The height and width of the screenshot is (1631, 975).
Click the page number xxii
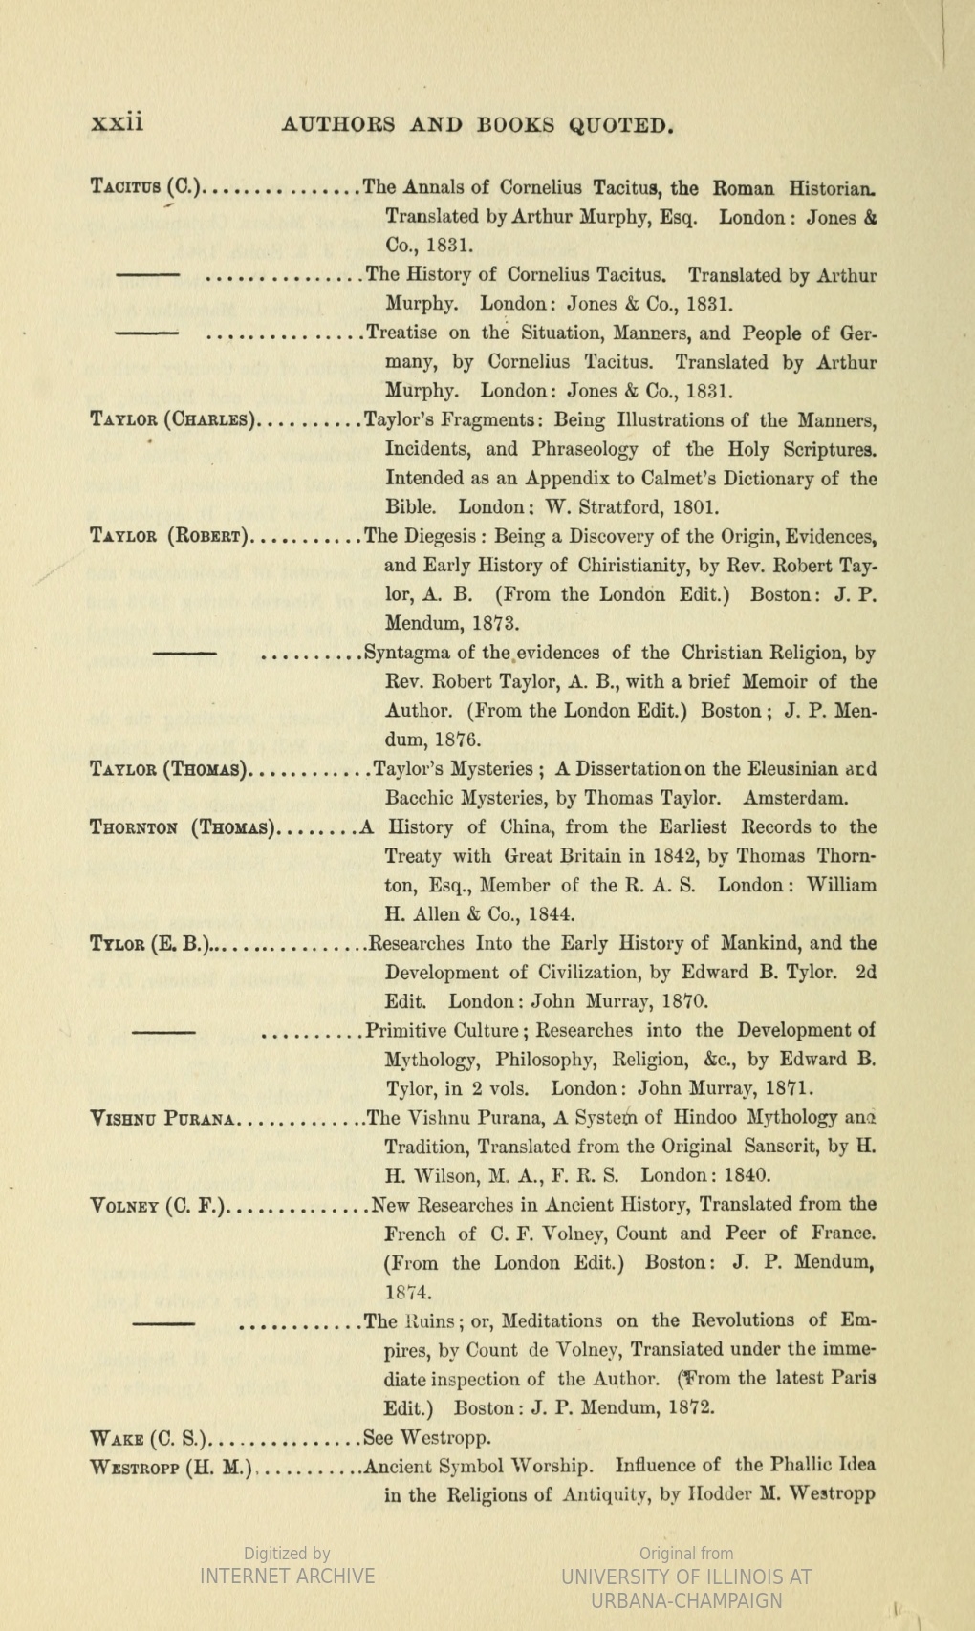click(x=116, y=123)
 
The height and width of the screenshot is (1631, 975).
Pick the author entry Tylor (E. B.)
click(x=149, y=944)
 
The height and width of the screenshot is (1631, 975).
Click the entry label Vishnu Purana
click(x=162, y=1118)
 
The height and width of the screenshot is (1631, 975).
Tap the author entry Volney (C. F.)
click(x=158, y=1205)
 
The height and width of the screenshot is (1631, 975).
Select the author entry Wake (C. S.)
click(x=147, y=1437)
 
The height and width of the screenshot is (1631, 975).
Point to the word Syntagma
click(x=408, y=654)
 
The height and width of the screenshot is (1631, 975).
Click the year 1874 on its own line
click(x=405, y=1293)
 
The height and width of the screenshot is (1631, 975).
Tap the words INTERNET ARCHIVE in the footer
click(x=287, y=1577)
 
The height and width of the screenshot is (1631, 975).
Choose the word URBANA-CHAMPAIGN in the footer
click(x=686, y=1601)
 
